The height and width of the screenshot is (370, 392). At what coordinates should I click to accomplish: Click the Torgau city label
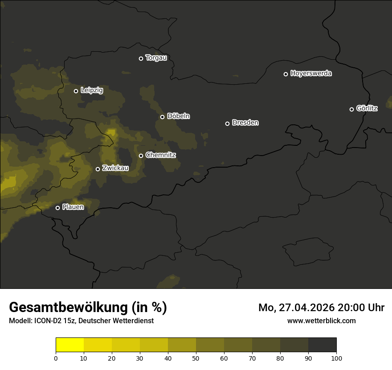pos(156,58)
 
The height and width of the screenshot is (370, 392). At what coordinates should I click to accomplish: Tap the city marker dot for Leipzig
pos(76,91)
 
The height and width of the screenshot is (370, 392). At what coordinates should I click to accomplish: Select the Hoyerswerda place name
pos(311,74)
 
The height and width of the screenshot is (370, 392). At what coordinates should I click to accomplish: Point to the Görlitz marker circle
pos(351,109)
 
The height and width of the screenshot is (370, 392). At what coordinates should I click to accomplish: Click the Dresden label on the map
pos(245,123)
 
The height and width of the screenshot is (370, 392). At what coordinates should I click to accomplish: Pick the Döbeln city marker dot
pos(162,117)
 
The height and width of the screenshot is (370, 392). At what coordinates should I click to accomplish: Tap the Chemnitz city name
pos(160,155)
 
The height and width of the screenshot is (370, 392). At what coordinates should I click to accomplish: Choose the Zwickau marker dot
pos(98,169)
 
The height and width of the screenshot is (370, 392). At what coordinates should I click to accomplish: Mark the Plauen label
pos(73,207)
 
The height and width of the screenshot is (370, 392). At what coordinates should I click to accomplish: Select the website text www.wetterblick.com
pos(322,321)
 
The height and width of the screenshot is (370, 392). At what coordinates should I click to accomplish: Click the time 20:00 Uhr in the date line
pos(361,308)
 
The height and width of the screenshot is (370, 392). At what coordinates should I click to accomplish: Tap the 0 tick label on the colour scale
pos(56,358)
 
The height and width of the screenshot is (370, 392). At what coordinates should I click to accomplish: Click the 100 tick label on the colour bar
pos(336,358)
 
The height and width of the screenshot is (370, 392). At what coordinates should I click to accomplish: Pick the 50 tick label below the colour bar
pos(196,358)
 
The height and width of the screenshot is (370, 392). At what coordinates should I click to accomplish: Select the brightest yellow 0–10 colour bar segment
pos(69,345)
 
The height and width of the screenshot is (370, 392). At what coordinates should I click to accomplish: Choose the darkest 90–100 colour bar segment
pos(322,345)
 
